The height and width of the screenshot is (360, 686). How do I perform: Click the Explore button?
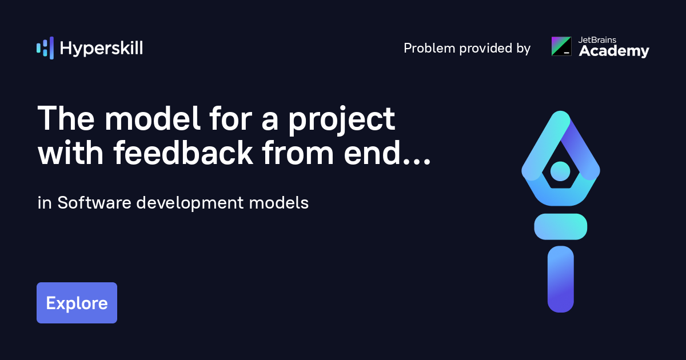tap(77, 303)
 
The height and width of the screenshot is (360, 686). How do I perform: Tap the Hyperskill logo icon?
tap(45, 48)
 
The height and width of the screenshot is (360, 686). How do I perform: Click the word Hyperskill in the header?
tap(101, 49)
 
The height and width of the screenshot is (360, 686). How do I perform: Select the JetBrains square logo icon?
tap(561, 46)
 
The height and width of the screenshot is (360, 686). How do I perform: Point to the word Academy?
tap(614, 52)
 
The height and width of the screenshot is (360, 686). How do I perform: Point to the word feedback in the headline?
tap(184, 153)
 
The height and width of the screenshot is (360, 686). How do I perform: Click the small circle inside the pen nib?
tap(560, 170)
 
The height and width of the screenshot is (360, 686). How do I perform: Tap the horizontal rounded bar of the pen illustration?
tap(561, 226)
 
